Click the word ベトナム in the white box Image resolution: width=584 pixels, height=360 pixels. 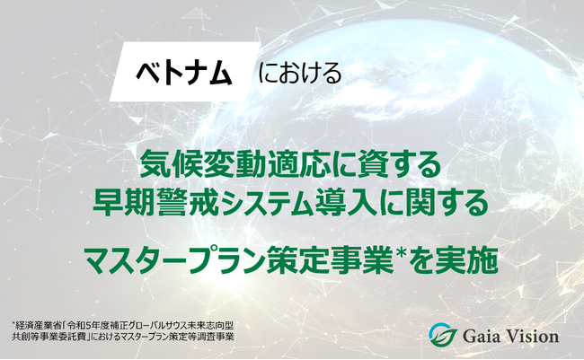click(184, 74)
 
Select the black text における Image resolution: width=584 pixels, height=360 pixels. click(300, 74)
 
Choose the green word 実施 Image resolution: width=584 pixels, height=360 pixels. click(467, 259)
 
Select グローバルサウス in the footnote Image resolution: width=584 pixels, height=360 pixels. click(167, 326)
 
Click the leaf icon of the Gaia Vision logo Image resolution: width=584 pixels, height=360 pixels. click(443, 337)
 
